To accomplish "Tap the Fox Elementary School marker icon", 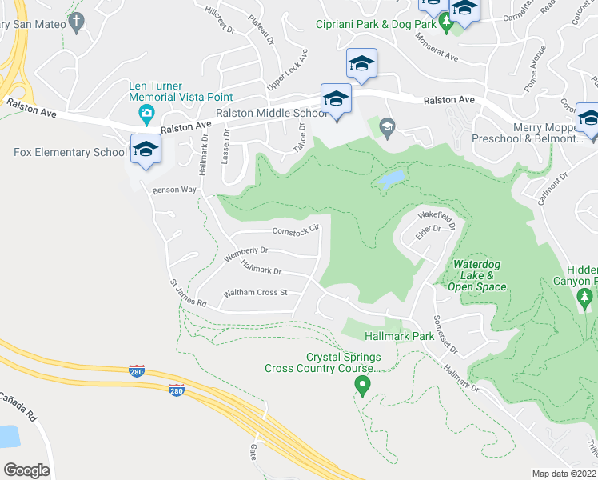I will [146, 150].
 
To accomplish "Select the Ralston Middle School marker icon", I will [336, 100].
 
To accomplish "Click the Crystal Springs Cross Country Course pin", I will [361, 386].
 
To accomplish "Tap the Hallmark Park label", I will [399, 336].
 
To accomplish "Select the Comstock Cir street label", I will [296, 231].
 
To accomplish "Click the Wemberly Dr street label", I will [245, 254].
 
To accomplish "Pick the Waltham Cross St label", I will [255, 293].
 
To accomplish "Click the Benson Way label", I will [174, 190].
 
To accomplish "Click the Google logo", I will [26, 470].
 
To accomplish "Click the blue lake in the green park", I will [389, 179].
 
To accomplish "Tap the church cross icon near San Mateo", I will [76, 22].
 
